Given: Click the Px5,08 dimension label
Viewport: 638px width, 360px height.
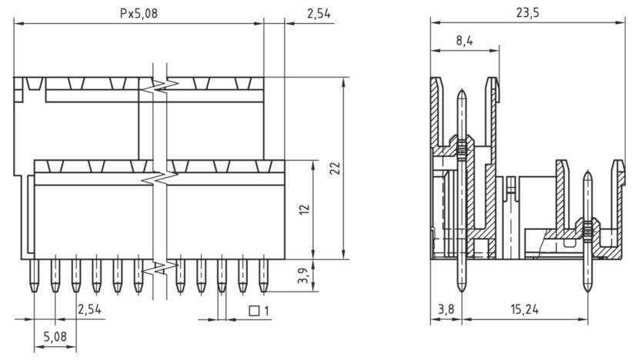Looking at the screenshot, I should tap(139, 13).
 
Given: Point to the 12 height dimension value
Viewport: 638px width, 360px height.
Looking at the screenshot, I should tap(305, 209).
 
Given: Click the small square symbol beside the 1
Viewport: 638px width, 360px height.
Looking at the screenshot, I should tap(253, 311).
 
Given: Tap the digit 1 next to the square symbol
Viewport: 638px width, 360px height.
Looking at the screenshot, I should tap(266, 311).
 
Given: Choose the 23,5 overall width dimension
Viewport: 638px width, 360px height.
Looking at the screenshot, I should tap(526, 13).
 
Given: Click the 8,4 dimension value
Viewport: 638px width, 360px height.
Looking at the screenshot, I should tap(464, 42).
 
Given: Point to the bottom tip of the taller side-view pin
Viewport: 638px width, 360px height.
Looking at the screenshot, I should tap(460, 292).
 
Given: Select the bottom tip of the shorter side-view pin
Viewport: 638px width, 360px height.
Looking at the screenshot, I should tap(588, 292).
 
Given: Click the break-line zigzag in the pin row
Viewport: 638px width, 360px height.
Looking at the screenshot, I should tap(160, 268).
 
